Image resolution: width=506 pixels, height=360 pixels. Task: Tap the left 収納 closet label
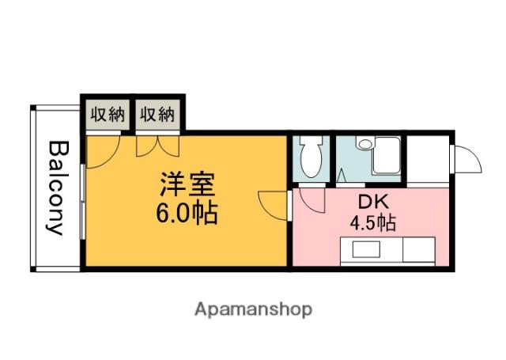pos(107,115)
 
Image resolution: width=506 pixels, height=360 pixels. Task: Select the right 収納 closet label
pos(157,115)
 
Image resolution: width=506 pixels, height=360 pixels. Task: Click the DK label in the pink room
pos(372,202)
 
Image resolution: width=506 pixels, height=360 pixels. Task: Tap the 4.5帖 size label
pos(372,222)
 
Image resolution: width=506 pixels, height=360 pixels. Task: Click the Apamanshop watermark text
pos(253,309)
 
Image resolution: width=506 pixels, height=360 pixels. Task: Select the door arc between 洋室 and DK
pos(273,204)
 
